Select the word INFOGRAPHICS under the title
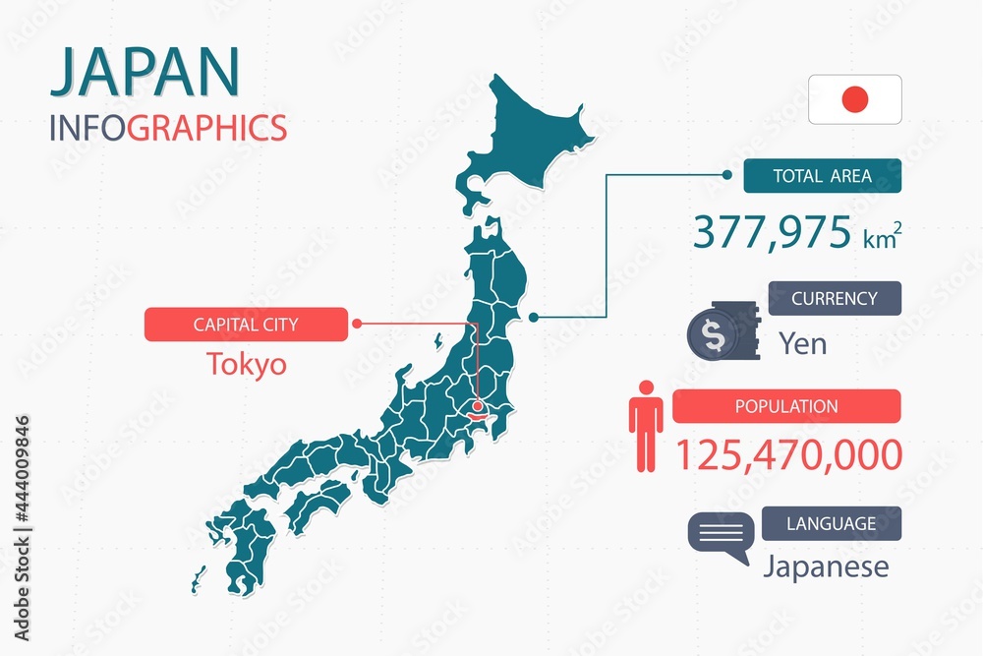168,128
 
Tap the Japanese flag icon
855,99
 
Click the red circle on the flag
855,99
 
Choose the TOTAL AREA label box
822,176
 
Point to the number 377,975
772,233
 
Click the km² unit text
882,239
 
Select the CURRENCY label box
834,298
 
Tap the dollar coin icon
714,335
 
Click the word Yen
802,343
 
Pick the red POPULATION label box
786,406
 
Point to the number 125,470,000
788,454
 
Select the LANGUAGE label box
831,523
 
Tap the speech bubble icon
720,538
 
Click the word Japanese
826,567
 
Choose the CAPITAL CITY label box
246,324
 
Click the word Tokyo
247,365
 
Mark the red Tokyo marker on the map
478,405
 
